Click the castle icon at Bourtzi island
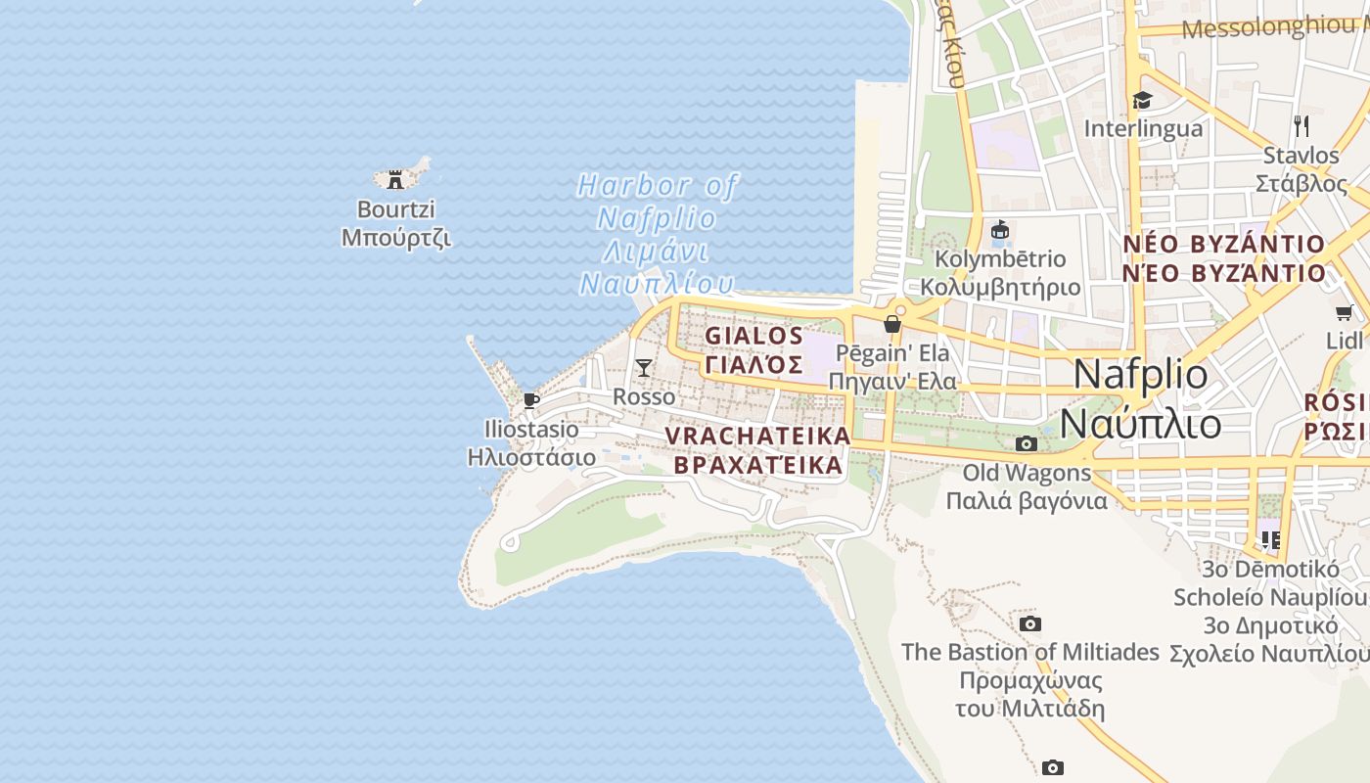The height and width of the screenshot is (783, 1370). coord(395,180)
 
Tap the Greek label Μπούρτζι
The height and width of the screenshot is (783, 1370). coord(395,238)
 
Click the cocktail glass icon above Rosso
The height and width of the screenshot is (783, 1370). coord(644,367)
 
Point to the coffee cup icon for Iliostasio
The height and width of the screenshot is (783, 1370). coord(531,399)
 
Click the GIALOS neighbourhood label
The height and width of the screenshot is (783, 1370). coord(754,336)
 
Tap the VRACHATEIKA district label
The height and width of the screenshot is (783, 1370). coord(757,436)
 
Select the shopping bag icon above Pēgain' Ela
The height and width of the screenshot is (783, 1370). coord(892,324)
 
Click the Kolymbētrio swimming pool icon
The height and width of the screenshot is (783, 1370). coord(999,231)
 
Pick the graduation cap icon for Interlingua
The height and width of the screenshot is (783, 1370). coord(1142,100)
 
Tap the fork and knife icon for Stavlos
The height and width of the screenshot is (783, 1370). coord(1301,125)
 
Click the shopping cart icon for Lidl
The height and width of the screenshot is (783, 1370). coord(1344,313)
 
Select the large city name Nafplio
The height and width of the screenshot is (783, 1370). coord(1140,375)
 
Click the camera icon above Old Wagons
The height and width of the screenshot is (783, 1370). coord(1026,444)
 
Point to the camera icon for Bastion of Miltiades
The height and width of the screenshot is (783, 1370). coord(1029,623)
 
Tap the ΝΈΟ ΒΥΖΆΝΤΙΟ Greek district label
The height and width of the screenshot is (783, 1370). coord(1223,273)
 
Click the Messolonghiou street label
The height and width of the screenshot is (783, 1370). coord(1272,27)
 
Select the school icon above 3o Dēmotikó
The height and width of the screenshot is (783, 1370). coord(1270,539)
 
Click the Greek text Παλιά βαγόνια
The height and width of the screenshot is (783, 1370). coord(1026,501)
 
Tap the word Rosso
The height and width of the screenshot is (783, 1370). coord(644,396)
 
